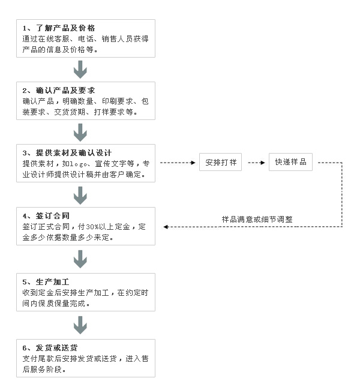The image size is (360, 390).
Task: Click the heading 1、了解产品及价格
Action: click(59, 28)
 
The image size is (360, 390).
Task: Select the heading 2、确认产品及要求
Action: click(59, 90)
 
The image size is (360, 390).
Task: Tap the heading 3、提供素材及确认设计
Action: click(67, 153)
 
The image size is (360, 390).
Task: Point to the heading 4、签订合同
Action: click(46, 215)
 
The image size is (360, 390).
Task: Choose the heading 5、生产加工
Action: click(46, 282)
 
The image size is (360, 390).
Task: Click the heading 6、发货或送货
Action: click(50, 348)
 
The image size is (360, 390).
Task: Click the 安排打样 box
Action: click(220, 162)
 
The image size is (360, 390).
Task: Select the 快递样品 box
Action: click(290, 162)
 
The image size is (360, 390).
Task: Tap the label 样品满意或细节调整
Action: click(257, 220)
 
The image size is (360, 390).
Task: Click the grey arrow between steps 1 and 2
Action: click(80, 70)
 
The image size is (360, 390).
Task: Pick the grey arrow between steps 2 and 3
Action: click(80, 133)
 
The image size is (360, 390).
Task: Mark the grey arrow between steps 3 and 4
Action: click(80, 196)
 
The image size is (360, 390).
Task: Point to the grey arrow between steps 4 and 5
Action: click(80, 259)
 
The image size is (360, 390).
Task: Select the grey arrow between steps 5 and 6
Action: click(80, 325)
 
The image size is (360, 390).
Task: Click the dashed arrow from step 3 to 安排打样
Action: click(178, 163)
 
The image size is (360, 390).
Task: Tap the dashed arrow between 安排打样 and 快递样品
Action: click(257, 163)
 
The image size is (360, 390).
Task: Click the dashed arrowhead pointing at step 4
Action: click(166, 227)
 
